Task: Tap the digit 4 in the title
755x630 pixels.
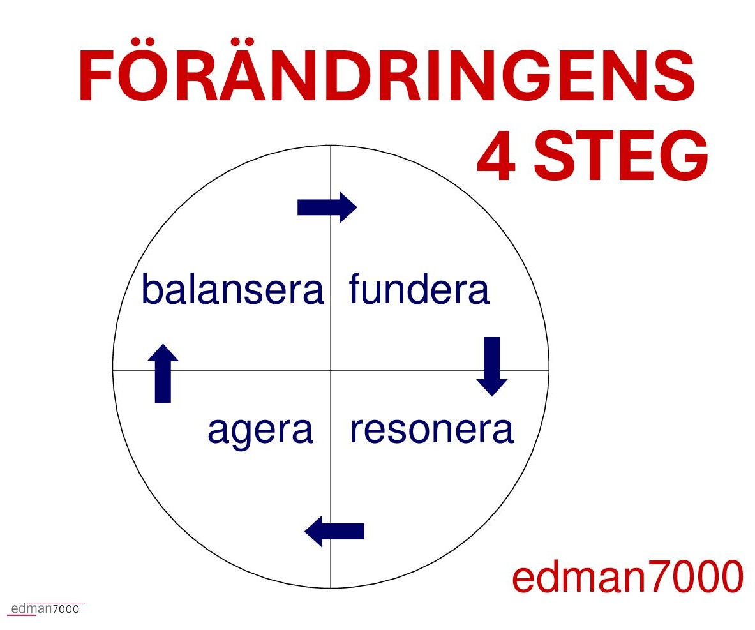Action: click(497, 156)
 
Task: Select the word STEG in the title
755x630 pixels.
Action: click(621, 156)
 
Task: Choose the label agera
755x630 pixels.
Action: click(260, 431)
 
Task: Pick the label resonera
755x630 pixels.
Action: click(431, 429)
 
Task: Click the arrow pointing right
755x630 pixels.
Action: click(327, 207)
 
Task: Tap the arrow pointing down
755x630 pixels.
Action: click(492, 366)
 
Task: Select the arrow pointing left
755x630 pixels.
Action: click(334, 531)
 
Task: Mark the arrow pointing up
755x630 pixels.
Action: click(163, 373)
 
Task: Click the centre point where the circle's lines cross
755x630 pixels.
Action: click(331, 370)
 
